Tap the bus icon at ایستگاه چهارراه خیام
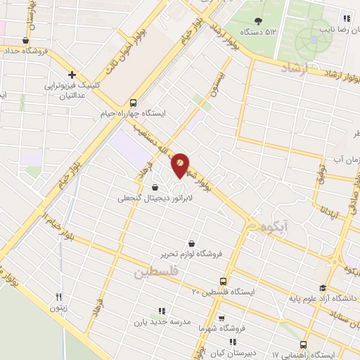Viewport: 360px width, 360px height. (134, 101)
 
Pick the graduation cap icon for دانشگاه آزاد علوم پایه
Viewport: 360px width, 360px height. (323, 288)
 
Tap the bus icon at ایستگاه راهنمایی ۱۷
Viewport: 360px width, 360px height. (303, 345)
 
